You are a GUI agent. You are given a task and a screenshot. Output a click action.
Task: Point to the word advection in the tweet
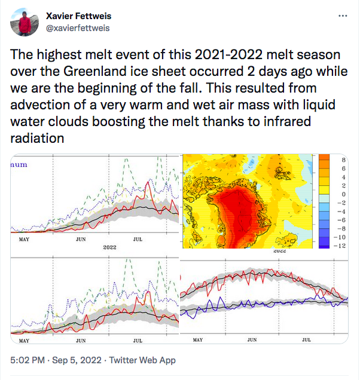38,103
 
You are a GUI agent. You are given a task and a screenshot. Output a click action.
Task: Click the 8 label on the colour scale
344,160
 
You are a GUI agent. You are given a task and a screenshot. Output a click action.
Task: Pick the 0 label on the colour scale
344,194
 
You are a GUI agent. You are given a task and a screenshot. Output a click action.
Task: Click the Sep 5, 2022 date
79,360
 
